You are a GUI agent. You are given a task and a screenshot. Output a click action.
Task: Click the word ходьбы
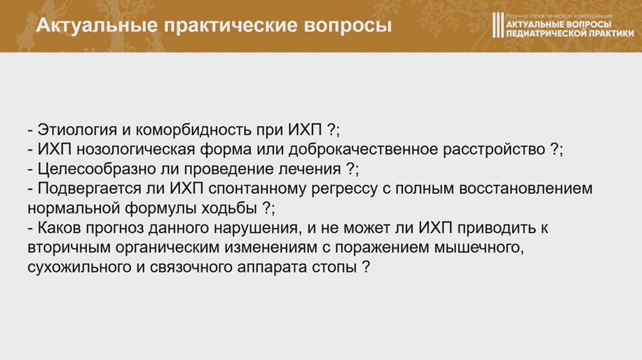coord(229,208)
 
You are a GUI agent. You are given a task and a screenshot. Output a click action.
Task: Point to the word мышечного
coord(479,247)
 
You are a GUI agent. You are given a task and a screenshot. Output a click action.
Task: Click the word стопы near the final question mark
coord(334,267)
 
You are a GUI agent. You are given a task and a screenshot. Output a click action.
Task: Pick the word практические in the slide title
coord(231,25)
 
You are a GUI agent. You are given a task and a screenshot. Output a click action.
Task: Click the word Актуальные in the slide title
coord(97,25)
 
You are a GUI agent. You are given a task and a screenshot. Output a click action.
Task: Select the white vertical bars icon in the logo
coord(498,25)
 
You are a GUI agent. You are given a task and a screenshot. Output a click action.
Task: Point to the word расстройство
coord(494,149)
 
